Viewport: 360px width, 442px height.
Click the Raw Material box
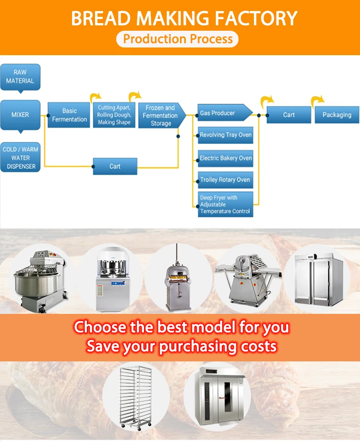(x=20, y=77)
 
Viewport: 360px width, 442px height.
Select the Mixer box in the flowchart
(x=20, y=115)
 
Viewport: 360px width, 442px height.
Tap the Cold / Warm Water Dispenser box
(x=20, y=157)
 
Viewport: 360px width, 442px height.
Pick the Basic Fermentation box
(x=69, y=115)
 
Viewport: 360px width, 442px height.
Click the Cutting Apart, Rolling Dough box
(x=114, y=115)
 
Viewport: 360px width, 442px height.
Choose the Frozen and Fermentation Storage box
(x=160, y=116)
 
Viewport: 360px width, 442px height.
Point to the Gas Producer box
(x=224, y=113)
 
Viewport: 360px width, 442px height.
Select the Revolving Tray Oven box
(x=225, y=135)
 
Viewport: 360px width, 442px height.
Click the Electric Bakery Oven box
(x=225, y=158)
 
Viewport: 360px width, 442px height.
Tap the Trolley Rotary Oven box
(x=225, y=180)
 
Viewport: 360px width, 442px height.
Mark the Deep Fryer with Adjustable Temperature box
(x=225, y=204)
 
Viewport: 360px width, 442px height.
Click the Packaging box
(x=336, y=115)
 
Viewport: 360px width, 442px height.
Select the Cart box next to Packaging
(x=288, y=115)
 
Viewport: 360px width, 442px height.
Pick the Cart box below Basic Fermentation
(x=115, y=167)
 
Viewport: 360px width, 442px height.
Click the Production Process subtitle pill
(x=178, y=39)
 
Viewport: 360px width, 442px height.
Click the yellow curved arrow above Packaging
(x=317, y=101)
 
